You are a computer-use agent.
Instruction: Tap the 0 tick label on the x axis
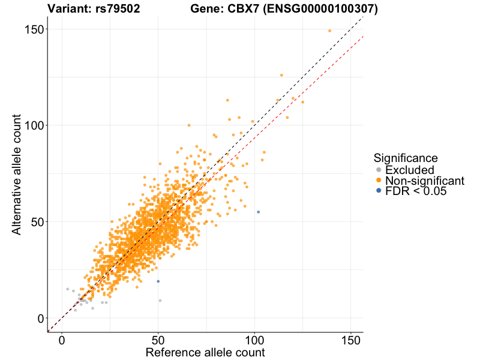pos(62,339)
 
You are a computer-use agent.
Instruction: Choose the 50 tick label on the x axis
pos(158,339)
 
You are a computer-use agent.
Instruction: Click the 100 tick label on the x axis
pos(254,339)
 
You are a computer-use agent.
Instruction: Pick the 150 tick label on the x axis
pos(350,339)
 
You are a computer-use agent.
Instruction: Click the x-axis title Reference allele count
pos(205,352)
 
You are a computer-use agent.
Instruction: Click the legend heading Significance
pos(405,158)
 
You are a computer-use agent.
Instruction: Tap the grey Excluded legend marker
pos(378,170)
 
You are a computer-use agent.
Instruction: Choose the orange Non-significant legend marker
pos(378,180)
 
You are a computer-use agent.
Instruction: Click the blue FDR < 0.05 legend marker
pos(378,191)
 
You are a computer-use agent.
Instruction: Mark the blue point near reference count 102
pos(258,212)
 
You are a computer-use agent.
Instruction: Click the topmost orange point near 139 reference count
pos(329,31)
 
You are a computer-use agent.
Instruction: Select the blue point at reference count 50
pos(158,281)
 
